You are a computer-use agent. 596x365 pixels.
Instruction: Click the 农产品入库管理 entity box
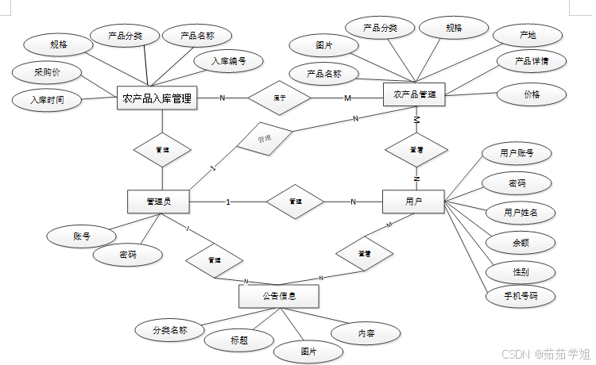157,98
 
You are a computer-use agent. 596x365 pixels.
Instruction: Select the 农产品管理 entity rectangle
414,94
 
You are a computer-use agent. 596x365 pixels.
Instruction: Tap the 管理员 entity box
158,202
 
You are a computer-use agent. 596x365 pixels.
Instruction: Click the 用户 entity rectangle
413,202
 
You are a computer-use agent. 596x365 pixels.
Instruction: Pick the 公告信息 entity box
279,296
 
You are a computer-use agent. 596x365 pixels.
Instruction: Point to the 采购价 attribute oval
46,73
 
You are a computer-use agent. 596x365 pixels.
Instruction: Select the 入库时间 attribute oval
47,100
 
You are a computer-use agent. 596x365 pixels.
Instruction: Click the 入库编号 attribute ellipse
228,60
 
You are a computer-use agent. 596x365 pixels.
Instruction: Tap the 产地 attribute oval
527,35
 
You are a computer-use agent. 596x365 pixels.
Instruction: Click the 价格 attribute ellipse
532,94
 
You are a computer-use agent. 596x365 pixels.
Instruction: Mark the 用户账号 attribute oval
517,153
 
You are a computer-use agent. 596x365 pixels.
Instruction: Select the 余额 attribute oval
521,242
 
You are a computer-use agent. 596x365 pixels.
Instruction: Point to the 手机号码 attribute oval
521,297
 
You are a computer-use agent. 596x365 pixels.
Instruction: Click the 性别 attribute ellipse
521,271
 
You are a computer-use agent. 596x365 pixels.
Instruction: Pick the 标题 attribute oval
239,340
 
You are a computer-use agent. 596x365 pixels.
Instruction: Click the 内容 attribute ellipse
366,334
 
